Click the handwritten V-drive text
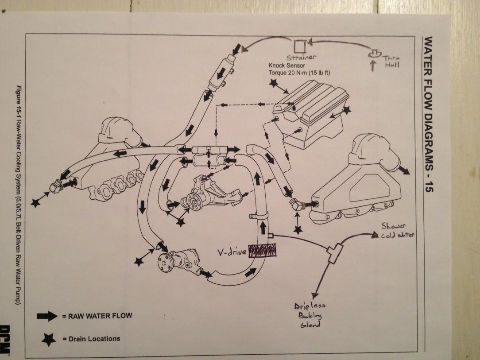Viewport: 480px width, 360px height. pyautogui.click(x=232, y=252)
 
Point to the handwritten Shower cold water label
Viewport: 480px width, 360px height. pyautogui.click(x=396, y=231)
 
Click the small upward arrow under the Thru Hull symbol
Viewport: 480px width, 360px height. pyautogui.click(x=373, y=66)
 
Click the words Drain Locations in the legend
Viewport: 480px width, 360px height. pyautogui.click(x=94, y=339)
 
